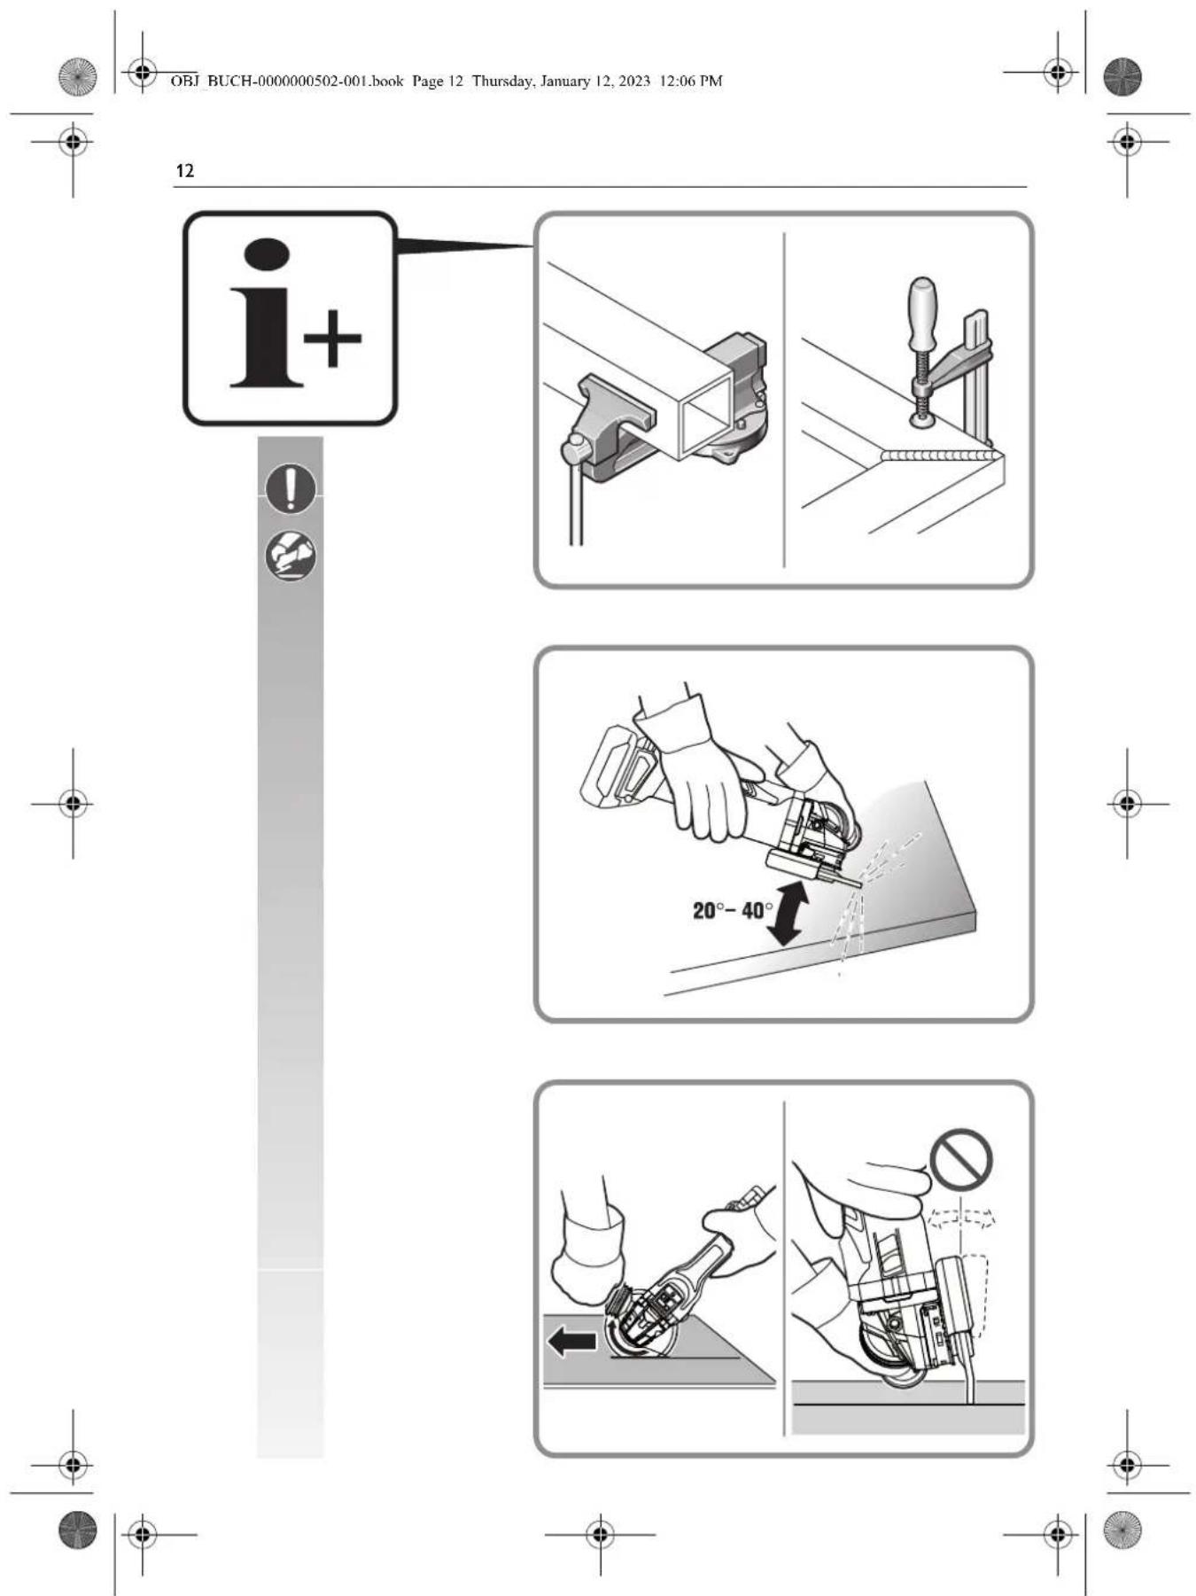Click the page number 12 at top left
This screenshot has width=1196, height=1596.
[184, 171]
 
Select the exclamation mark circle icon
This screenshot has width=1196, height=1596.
[291, 488]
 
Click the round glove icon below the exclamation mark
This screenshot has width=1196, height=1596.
[291, 556]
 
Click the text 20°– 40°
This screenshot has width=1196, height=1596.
[733, 910]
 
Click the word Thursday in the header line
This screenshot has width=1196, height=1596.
[501, 82]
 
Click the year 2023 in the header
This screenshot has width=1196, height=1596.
[634, 82]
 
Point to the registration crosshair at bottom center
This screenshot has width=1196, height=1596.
[601, 1533]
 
